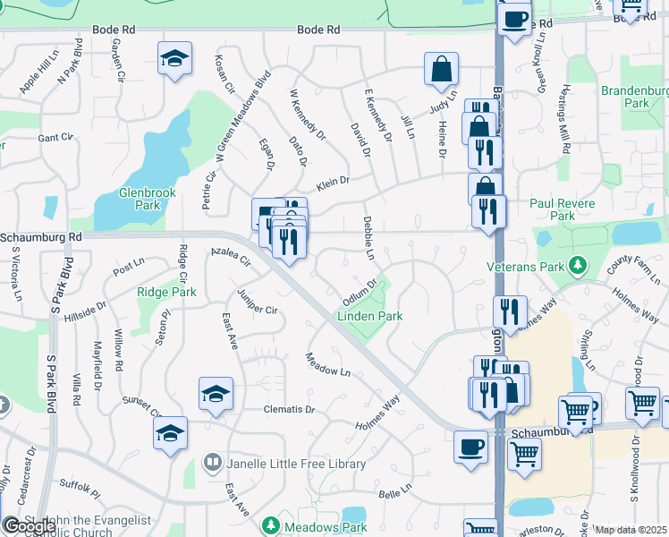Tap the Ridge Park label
point(166,292)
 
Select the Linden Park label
point(369,316)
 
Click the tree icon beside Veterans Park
point(578,266)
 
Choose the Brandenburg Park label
point(635,97)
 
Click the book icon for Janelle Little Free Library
point(213,464)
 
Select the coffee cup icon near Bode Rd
point(514,18)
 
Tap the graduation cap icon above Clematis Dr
point(216,394)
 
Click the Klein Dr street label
point(331,182)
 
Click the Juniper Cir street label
point(258,303)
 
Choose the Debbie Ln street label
point(368,237)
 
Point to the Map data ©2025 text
point(631,530)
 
